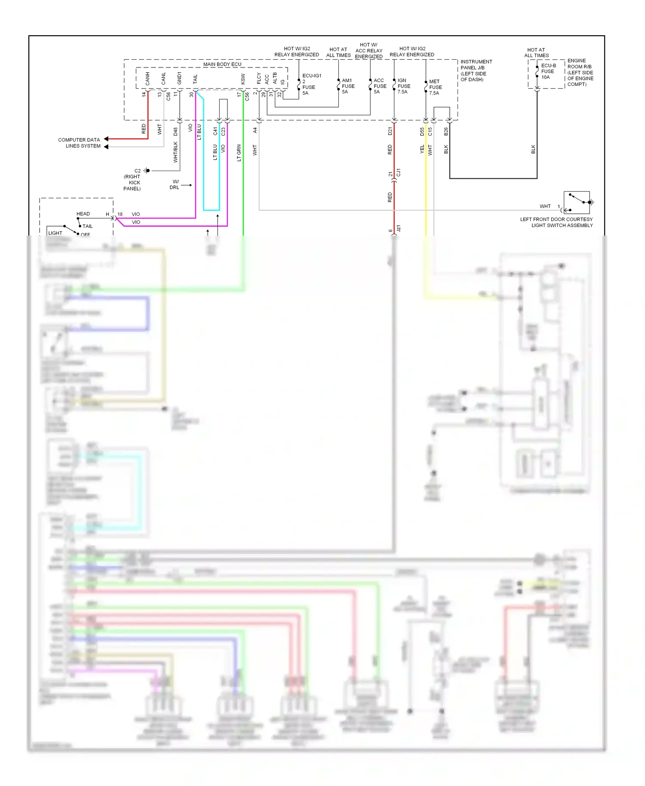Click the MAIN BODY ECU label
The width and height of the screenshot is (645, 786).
(222, 64)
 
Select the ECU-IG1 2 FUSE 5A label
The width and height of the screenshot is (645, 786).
(311, 84)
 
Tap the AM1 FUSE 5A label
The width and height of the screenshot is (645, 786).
(348, 86)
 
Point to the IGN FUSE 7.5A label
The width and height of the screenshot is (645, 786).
(403, 86)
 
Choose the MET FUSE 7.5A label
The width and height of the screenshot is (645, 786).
(435, 87)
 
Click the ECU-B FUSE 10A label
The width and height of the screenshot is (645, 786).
(548, 71)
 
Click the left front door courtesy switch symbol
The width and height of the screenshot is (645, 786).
(577, 203)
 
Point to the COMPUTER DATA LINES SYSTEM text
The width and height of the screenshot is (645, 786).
(80, 143)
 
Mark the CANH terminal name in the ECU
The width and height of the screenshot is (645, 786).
(147, 79)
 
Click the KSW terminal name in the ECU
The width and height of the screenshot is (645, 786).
(243, 79)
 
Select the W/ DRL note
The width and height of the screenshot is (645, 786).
(175, 184)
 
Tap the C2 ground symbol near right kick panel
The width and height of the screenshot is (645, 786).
(147, 171)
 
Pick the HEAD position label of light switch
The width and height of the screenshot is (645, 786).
(83, 214)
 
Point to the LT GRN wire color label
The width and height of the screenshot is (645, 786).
(239, 153)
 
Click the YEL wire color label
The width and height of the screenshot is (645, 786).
(422, 149)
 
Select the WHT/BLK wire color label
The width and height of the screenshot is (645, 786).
(175, 152)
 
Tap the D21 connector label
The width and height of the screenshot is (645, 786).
(390, 131)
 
